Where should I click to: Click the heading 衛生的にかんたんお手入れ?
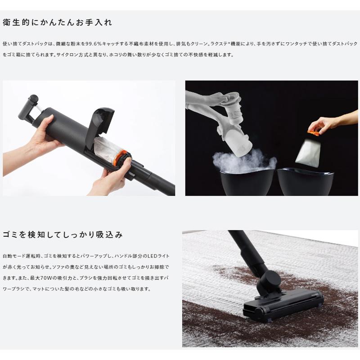pos(57,22)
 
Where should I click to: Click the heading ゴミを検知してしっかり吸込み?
pos(63,234)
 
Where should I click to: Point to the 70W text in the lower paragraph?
pos(44,278)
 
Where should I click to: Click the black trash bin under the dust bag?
pos(306,181)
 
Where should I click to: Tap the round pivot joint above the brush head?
pos(270,282)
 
